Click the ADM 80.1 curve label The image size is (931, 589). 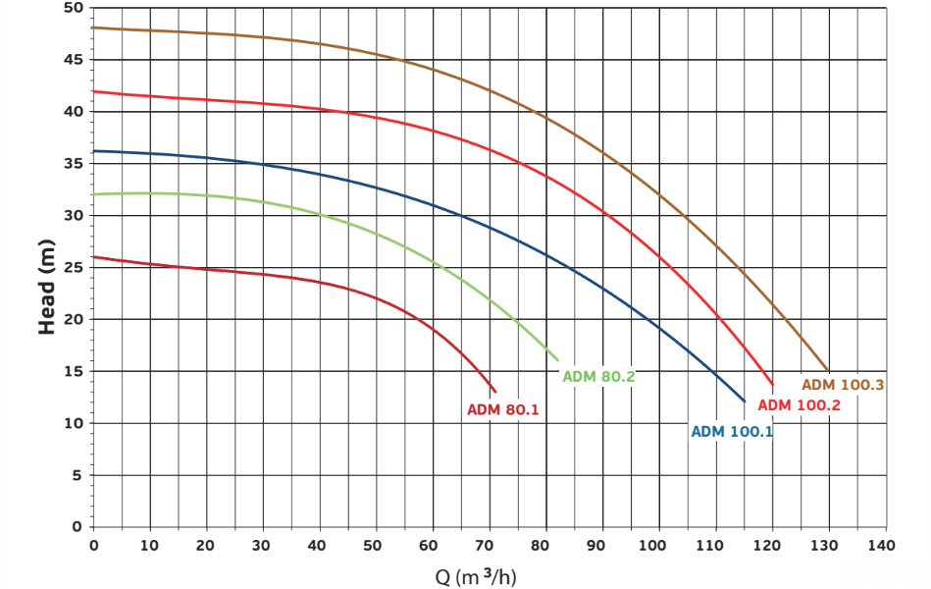coord(503,409)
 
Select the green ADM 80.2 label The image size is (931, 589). coord(598,376)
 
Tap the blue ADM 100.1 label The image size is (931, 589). coord(732,431)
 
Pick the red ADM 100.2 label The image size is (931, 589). coord(800,405)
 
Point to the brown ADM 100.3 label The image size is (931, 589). coord(844,385)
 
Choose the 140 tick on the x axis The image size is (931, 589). coord(884,545)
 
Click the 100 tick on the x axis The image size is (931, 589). coord(657,545)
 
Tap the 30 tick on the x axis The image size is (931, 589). coord(263,545)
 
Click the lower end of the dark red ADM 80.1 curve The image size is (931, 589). coord(495,392)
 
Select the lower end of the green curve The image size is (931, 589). coord(558,360)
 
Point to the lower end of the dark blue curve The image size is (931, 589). coord(745,402)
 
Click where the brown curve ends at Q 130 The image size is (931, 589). coord(828,371)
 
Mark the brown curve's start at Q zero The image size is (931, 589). coord(94,27)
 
